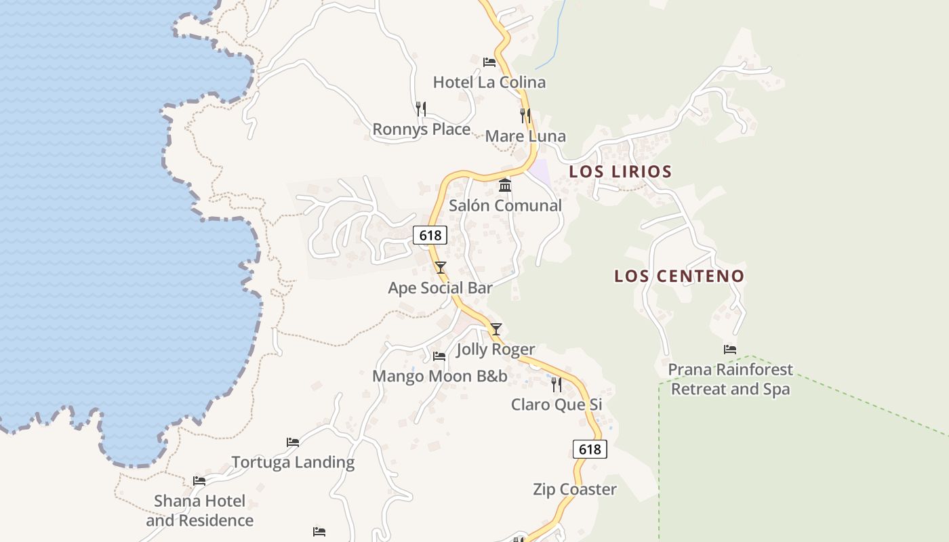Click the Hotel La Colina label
click(489, 83)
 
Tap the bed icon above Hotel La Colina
click(489, 62)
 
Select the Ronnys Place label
click(421, 129)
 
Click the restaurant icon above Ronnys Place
click(421, 108)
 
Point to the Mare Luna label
click(525, 136)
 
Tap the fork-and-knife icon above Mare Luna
click(525, 116)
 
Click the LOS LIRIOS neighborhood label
click(620, 171)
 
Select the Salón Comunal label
click(505, 205)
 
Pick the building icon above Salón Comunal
click(505, 185)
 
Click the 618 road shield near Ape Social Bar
click(430, 235)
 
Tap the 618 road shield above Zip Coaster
click(590, 449)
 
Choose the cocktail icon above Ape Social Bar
click(440, 268)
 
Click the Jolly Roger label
click(496, 350)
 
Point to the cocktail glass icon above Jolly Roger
click(496, 329)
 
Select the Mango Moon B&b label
click(439, 376)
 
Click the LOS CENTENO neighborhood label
click(679, 276)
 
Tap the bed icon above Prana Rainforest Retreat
click(730, 350)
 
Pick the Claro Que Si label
click(556, 404)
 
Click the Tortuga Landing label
click(293, 462)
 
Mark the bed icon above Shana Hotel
click(199, 481)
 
